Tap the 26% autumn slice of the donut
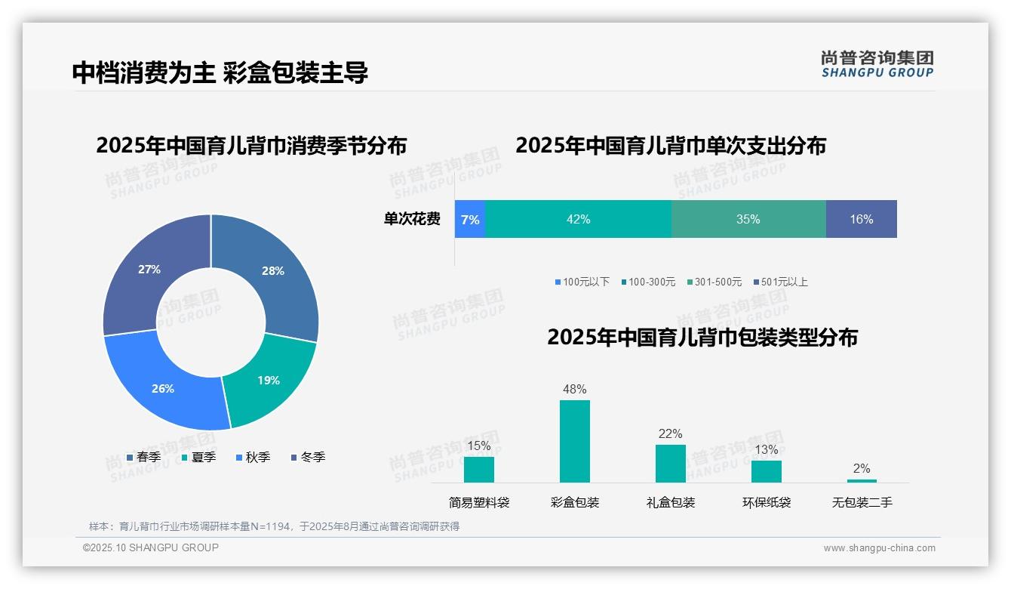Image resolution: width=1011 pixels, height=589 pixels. (163, 388)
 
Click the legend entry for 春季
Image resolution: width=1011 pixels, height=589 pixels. (143, 458)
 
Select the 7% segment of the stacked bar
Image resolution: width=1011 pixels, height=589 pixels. (470, 220)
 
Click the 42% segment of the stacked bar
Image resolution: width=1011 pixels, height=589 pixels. (578, 220)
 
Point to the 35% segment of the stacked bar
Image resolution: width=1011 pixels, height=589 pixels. (748, 220)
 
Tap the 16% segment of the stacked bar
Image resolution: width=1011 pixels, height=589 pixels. (861, 220)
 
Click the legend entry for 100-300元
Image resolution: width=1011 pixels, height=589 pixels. (648, 282)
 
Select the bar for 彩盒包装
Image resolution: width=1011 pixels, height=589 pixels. (575, 441)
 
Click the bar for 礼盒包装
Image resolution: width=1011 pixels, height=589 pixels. (671, 463)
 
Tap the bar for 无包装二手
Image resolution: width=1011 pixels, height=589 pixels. (862, 480)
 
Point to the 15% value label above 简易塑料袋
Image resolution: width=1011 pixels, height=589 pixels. (479, 446)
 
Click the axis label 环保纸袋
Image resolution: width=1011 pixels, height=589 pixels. (767, 502)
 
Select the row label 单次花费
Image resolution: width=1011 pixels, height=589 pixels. (412, 220)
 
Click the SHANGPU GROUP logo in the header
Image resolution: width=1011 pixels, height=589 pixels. (877, 64)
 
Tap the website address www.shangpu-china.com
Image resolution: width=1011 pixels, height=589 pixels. (879, 548)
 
